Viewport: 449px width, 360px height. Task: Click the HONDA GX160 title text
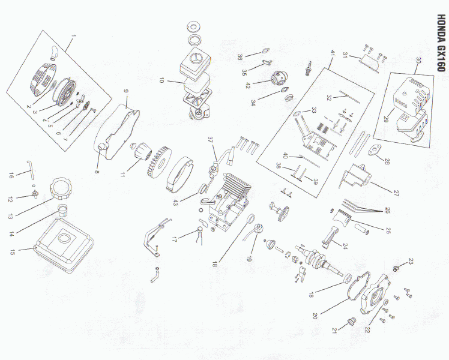[442, 43]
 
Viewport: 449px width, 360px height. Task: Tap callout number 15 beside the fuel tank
[13, 252]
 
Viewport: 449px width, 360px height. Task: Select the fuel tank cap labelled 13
[61, 188]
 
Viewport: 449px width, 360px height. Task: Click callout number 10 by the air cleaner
[161, 80]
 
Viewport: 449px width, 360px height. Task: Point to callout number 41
[333, 53]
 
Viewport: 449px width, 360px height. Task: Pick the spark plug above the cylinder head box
[309, 68]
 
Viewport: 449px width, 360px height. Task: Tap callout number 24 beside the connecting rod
[345, 246]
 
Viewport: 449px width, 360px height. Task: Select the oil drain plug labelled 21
[351, 322]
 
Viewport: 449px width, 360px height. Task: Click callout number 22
[367, 330]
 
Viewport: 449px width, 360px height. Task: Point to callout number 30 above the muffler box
[418, 61]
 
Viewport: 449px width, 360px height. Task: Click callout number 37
[211, 140]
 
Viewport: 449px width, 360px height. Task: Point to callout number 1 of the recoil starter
[74, 36]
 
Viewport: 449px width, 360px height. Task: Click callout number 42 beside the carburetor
[248, 85]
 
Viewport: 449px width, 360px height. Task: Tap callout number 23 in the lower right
[411, 261]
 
